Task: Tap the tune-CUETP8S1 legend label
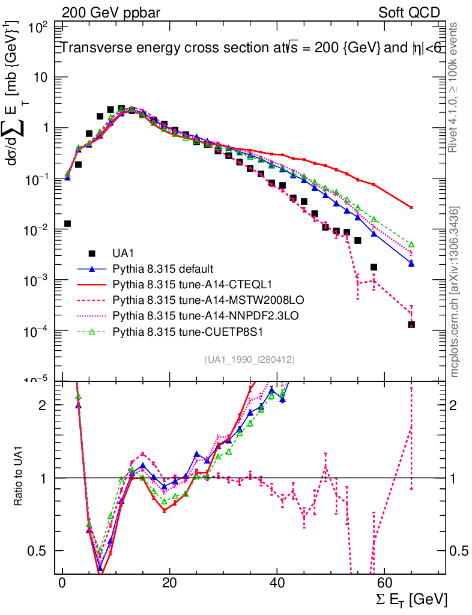point(177,330)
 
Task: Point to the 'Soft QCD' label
point(410,13)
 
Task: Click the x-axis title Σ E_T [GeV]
point(410,598)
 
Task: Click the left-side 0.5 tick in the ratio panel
point(43,551)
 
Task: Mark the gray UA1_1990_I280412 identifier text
point(249,359)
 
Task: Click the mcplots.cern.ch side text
point(455,292)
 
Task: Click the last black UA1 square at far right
point(411,324)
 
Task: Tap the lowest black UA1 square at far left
point(67,223)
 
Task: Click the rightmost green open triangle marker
point(411,244)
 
